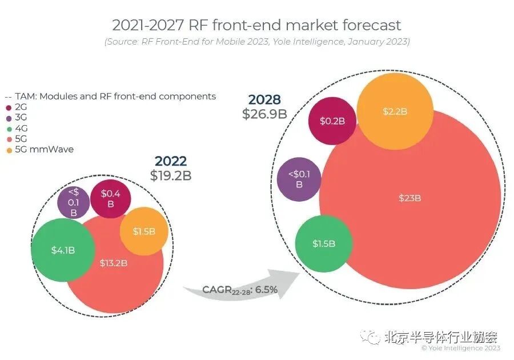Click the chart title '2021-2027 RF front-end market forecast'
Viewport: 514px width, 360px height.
pyautogui.click(x=256, y=25)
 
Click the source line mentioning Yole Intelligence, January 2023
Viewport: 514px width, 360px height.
pyautogui.click(x=256, y=42)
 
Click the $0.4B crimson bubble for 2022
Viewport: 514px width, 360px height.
pyautogui.click(x=111, y=198)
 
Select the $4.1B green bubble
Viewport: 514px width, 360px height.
pyautogui.click(x=62, y=250)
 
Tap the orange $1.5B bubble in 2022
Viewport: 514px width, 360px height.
pyautogui.click(x=145, y=231)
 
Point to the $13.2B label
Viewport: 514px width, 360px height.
pyautogui.click(x=113, y=263)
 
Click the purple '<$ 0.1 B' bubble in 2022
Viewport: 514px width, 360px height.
pyautogui.click(x=73, y=202)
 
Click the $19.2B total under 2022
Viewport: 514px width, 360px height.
pyautogui.click(x=171, y=175)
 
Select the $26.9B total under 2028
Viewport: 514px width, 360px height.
pyautogui.click(x=264, y=113)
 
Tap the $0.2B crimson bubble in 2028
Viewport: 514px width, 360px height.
pyautogui.click(x=332, y=121)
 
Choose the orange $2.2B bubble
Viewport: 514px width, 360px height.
pyautogui.click(x=394, y=112)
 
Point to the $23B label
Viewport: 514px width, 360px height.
pyautogui.click(x=409, y=198)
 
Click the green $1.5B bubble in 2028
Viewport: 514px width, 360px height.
pyautogui.click(x=323, y=243)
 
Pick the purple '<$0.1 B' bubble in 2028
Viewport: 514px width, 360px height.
pyautogui.click(x=299, y=179)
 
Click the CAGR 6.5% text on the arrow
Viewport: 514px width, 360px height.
pyautogui.click(x=240, y=290)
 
